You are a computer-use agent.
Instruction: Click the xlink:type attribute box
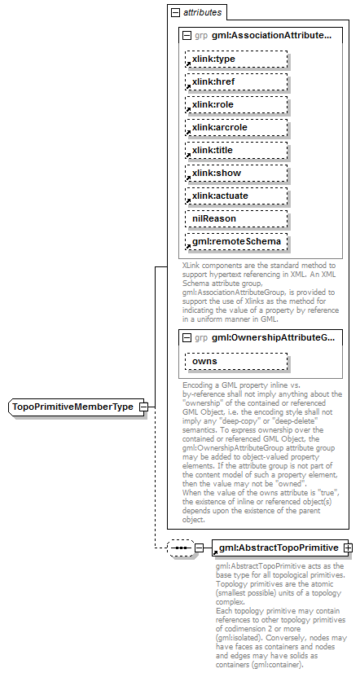point(236,59)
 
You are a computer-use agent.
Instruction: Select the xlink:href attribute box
point(236,82)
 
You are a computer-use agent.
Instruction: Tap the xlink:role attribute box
point(236,105)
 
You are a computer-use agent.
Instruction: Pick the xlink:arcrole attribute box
point(236,128)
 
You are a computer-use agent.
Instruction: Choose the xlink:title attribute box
point(236,151)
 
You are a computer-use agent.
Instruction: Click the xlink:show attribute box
point(236,174)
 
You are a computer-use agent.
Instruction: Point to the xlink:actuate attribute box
point(236,196)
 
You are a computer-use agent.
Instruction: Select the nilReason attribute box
point(236,219)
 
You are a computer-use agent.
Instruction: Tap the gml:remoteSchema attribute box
point(236,242)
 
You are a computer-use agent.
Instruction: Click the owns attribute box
point(236,361)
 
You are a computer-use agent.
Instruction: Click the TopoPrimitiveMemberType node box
point(72,407)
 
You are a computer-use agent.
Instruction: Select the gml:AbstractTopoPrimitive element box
point(277,547)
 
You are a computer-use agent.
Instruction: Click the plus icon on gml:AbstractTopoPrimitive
point(349,547)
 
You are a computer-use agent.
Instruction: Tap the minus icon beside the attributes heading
point(174,13)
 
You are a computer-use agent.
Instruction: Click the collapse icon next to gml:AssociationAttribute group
point(187,36)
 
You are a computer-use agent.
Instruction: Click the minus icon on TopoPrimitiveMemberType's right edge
point(143,407)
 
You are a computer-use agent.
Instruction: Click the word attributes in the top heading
point(202,13)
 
